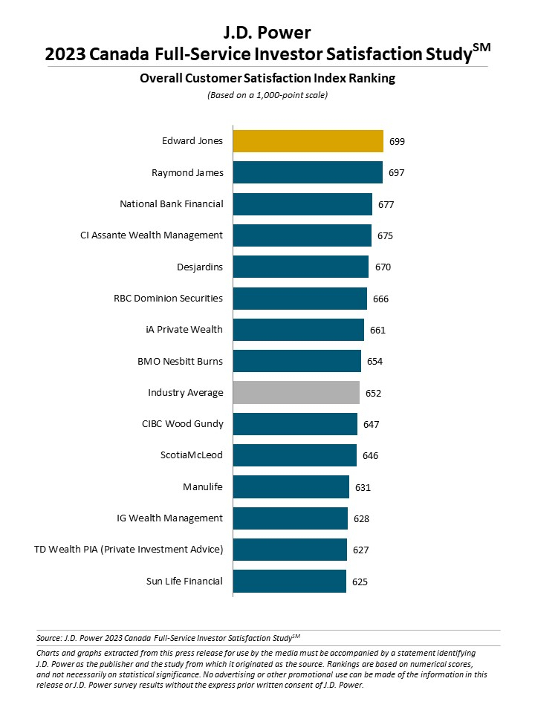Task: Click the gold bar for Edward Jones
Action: click(x=308, y=141)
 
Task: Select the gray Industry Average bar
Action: click(x=296, y=392)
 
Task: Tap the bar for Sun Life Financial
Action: click(x=289, y=581)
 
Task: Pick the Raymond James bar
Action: click(x=308, y=172)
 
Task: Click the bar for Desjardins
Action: click(x=300, y=267)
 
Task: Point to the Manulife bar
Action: click(x=291, y=486)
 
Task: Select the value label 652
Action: click(x=373, y=393)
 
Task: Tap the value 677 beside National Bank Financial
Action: click(x=385, y=204)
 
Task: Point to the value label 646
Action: click(x=370, y=455)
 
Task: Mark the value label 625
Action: click(x=360, y=582)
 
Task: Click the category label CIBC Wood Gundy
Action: click(x=182, y=424)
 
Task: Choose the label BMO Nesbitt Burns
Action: click(x=180, y=361)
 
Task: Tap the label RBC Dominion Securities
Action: click(x=168, y=298)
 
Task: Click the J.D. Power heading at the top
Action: click(x=267, y=32)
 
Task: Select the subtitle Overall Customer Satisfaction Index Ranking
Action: click(x=267, y=78)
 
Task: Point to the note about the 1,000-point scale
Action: click(x=267, y=95)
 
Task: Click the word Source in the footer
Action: click(x=48, y=637)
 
